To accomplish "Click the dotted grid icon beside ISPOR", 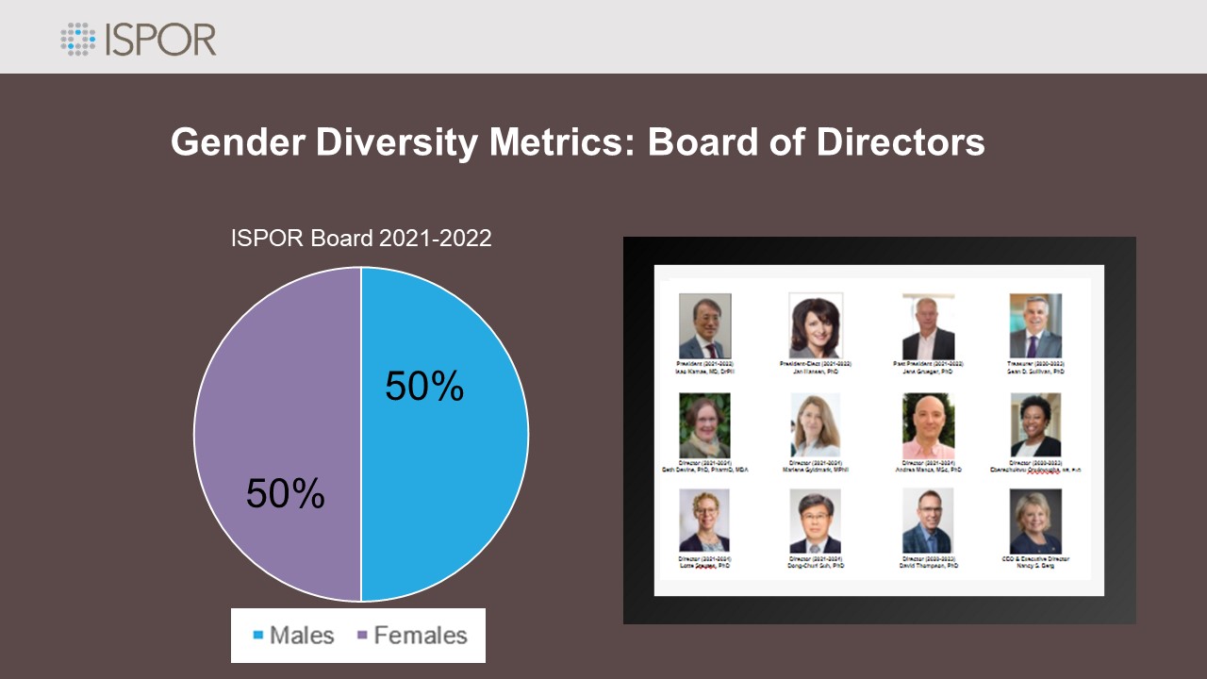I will click(79, 39).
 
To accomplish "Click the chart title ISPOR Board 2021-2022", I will click(361, 239).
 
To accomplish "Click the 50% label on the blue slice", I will click(424, 387).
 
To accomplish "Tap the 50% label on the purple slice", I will click(286, 494).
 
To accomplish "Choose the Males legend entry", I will click(294, 636).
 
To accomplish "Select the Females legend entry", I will click(412, 636).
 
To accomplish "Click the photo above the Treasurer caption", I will click(1035, 325).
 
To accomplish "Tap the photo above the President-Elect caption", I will click(815, 325).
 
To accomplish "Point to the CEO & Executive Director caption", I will click(1035, 562).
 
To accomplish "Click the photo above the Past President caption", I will click(928, 325).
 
